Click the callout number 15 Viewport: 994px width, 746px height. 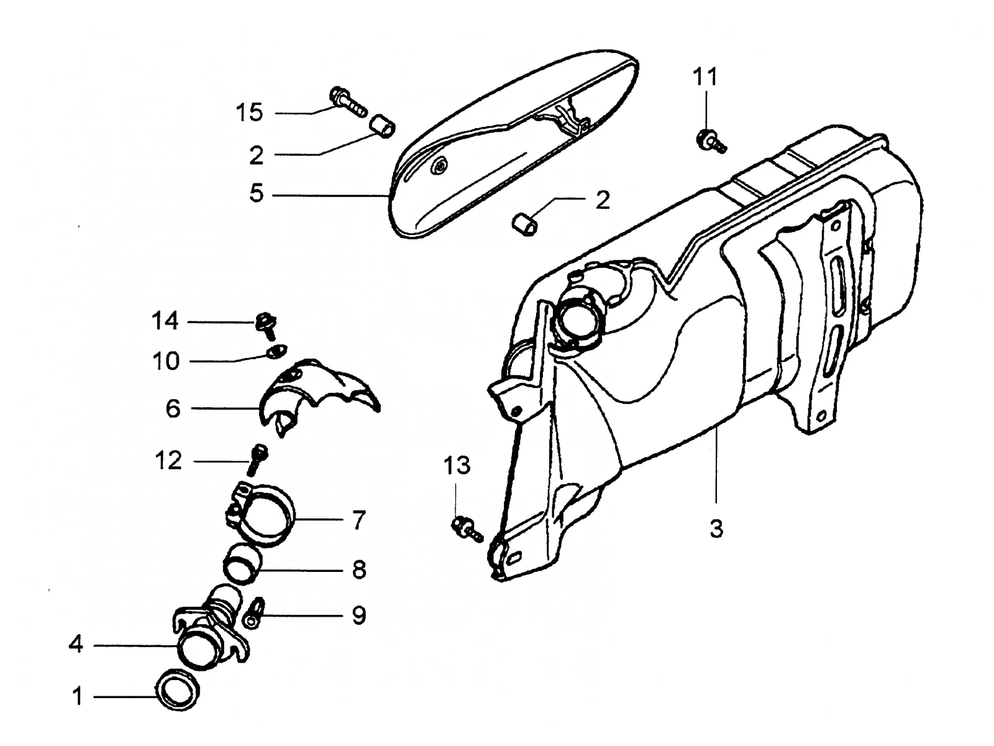pyautogui.click(x=250, y=112)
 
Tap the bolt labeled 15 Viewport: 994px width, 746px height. pyautogui.click(x=349, y=102)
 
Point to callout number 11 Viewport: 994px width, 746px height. pyautogui.click(x=705, y=77)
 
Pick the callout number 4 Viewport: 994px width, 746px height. pyautogui.click(x=76, y=643)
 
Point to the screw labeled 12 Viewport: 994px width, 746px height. pyautogui.click(x=257, y=460)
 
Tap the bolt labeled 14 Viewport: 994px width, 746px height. pyautogui.click(x=267, y=325)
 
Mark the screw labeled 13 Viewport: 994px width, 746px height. pyautogui.click(x=467, y=528)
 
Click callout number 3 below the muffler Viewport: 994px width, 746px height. pyautogui.click(x=716, y=528)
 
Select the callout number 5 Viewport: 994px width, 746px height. pyautogui.click(x=257, y=193)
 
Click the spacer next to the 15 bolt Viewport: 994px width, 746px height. pyautogui.click(x=383, y=127)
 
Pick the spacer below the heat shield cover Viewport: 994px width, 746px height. pyautogui.click(x=525, y=224)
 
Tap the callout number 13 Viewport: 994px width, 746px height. pyautogui.click(x=457, y=465)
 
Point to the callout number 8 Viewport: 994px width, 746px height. pyautogui.click(x=359, y=569)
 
